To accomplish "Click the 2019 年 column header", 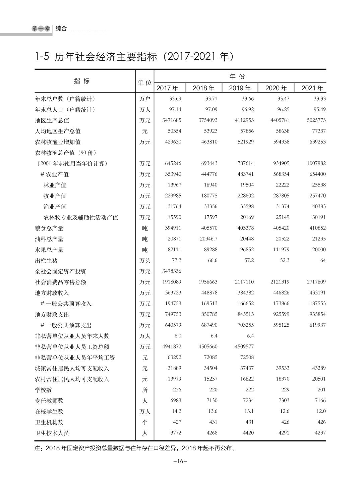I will tap(240, 88).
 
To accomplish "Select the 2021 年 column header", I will tap(312, 88).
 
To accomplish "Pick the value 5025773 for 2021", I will tap(316, 120).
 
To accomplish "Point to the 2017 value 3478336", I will tap(172, 271).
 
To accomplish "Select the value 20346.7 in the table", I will tap(208, 239).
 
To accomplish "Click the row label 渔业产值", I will tap(55, 207).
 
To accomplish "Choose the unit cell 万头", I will tap(145, 261).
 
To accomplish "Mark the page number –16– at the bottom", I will tap(180, 461).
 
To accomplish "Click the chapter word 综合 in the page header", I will tap(61, 29).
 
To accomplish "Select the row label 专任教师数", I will tap(49, 400).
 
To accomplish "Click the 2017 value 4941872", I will tap(172, 346).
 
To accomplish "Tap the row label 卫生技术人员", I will tap(52, 433).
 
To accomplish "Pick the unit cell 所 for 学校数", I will tap(145, 390).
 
